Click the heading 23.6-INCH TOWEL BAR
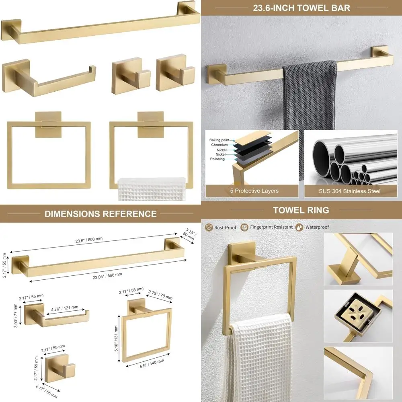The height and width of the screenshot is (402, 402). coord(301,8)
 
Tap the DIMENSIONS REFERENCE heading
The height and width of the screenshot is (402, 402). coord(100,213)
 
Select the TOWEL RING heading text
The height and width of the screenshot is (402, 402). coord(301,210)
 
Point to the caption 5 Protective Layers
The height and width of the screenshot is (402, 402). coord(252,191)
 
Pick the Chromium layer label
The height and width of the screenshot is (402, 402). coord(219,145)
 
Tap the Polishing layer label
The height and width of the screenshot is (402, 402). coord(218,159)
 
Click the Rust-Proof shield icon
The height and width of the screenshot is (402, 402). coord(209,227)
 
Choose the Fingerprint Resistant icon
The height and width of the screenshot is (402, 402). coord(244,227)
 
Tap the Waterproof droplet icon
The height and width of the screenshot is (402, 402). coord(299,227)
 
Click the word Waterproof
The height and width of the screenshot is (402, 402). coord(317,227)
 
